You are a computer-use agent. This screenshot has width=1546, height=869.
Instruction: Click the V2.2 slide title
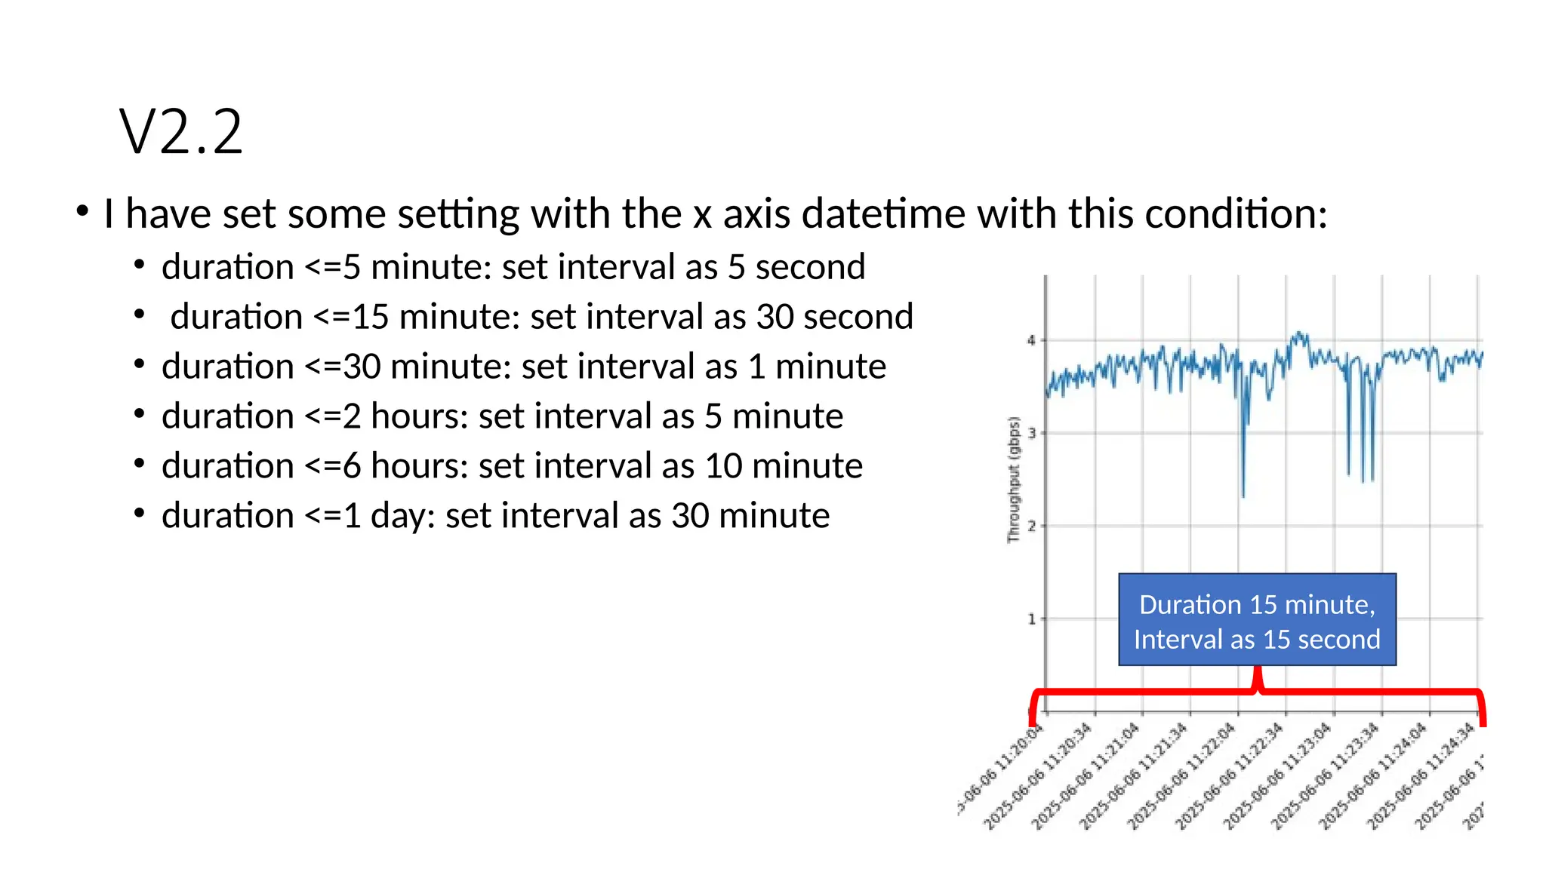(181, 133)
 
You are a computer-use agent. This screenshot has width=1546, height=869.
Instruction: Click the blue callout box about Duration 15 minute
(1257, 620)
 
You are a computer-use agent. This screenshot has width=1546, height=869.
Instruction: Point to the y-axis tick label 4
(1031, 341)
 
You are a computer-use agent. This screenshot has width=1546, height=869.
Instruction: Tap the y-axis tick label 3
(1031, 434)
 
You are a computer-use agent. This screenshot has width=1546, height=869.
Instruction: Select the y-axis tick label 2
(1031, 527)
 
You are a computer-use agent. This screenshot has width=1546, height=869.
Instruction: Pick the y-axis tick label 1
(1031, 619)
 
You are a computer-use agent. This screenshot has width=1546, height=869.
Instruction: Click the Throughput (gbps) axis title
(1014, 479)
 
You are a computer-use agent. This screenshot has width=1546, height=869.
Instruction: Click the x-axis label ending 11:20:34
(1039, 775)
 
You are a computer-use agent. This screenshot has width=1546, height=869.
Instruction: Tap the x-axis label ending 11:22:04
(1182, 775)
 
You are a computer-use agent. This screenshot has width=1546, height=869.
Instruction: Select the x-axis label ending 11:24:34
(1421, 775)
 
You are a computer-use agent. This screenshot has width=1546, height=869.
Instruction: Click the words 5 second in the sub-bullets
(796, 267)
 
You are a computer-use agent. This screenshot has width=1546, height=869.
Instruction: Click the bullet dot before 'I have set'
(83, 211)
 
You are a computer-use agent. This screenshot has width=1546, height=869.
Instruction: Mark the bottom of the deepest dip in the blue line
(1243, 496)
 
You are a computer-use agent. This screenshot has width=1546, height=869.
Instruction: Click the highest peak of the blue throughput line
(1298, 333)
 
